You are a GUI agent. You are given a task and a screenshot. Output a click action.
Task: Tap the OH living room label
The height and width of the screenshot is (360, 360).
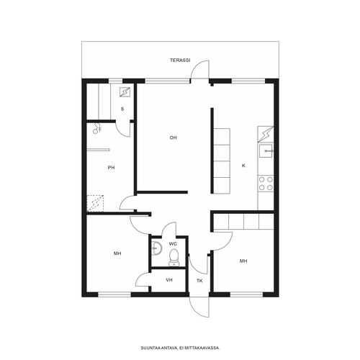tap(174, 138)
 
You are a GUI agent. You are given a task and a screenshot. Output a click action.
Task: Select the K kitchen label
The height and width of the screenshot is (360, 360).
tap(243, 166)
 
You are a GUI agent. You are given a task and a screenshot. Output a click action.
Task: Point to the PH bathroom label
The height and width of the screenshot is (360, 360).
tap(111, 168)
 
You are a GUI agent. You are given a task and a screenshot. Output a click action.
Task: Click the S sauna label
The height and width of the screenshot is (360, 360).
tap(122, 109)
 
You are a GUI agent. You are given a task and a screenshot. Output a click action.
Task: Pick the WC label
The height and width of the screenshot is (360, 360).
tap(173, 244)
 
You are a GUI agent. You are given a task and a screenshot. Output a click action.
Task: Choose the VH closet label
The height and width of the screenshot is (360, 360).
tap(169, 280)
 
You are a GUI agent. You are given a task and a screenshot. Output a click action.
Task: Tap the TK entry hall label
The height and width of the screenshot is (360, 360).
tap(199, 281)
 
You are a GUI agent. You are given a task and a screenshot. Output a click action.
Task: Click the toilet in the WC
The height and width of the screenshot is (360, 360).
tap(174, 258)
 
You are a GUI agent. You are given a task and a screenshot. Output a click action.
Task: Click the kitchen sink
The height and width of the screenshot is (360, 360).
tap(266, 150)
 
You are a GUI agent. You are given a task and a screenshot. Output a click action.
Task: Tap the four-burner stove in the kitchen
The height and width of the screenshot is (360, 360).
tap(266, 184)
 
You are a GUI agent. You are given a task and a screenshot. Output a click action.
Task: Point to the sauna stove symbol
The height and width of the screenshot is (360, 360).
tap(125, 91)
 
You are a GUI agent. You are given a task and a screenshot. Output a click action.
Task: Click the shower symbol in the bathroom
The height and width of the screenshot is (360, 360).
tap(96, 128)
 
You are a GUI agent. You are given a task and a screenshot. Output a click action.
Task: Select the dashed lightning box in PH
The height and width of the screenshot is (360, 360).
tap(95, 204)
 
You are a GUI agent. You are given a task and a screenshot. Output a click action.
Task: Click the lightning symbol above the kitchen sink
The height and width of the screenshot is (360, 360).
tap(266, 135)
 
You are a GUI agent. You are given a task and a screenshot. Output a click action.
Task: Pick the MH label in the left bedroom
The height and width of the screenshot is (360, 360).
tap(117, 253)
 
